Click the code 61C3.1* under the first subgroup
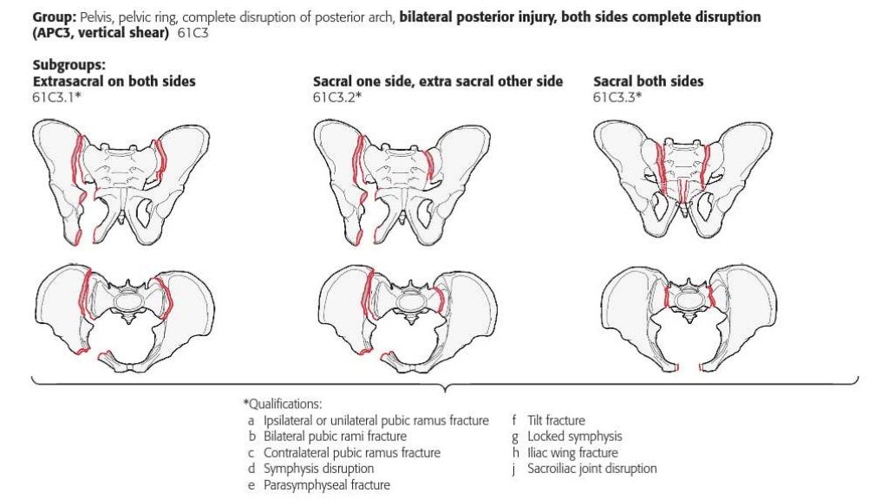[56, 96]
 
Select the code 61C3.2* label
[336, 96]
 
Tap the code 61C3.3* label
[617, 96]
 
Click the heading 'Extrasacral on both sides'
[114, 81]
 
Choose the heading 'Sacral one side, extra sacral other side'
[437, 81]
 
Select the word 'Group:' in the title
[53, 17]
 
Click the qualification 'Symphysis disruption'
[317, 469]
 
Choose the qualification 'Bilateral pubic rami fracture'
[335, 437]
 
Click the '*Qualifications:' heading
[282, 404]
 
